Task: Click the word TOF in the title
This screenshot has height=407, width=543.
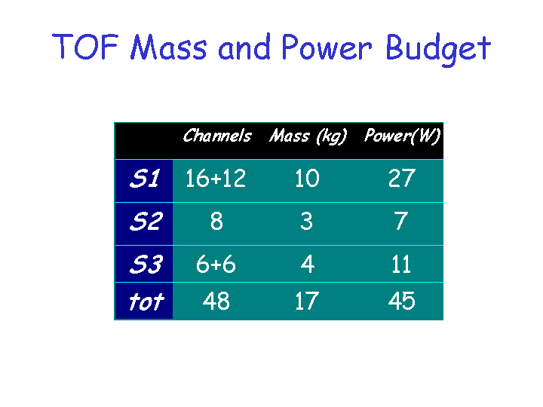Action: [x=85, y=47]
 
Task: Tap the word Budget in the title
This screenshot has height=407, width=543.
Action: [x=438, y=49]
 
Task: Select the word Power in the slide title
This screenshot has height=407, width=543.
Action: [x=327, y=47]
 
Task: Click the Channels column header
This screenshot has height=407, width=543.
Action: [x=217, y=136]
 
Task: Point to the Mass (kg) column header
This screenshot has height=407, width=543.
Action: [x=308, y=136]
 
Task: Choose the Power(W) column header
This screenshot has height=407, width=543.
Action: [x=402, y=136]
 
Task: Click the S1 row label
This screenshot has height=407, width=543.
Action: [x=145, y=179]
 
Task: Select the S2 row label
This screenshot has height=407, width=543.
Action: [x=146, y=221]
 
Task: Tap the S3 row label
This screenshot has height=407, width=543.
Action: [x=146, y=264]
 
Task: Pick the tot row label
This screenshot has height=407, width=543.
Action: [x=146, y=301]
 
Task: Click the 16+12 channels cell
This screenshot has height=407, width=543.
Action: [x=216, y=179]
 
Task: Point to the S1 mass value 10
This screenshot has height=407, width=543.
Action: [x=307, y=179]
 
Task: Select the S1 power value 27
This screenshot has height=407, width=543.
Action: [x=402, y=179]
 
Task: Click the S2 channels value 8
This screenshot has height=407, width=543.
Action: [x=216, y=221]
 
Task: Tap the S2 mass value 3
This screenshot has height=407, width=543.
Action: [x=306, y=221]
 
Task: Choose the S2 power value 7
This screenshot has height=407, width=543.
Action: [x=401, y=221]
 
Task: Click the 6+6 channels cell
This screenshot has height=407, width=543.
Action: [x=216, y=264]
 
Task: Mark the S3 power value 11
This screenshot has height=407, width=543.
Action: [x=401, y=264]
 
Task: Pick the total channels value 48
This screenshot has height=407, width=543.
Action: [x=216, y=301]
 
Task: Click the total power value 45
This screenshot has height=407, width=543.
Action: [x=402, y=301]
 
